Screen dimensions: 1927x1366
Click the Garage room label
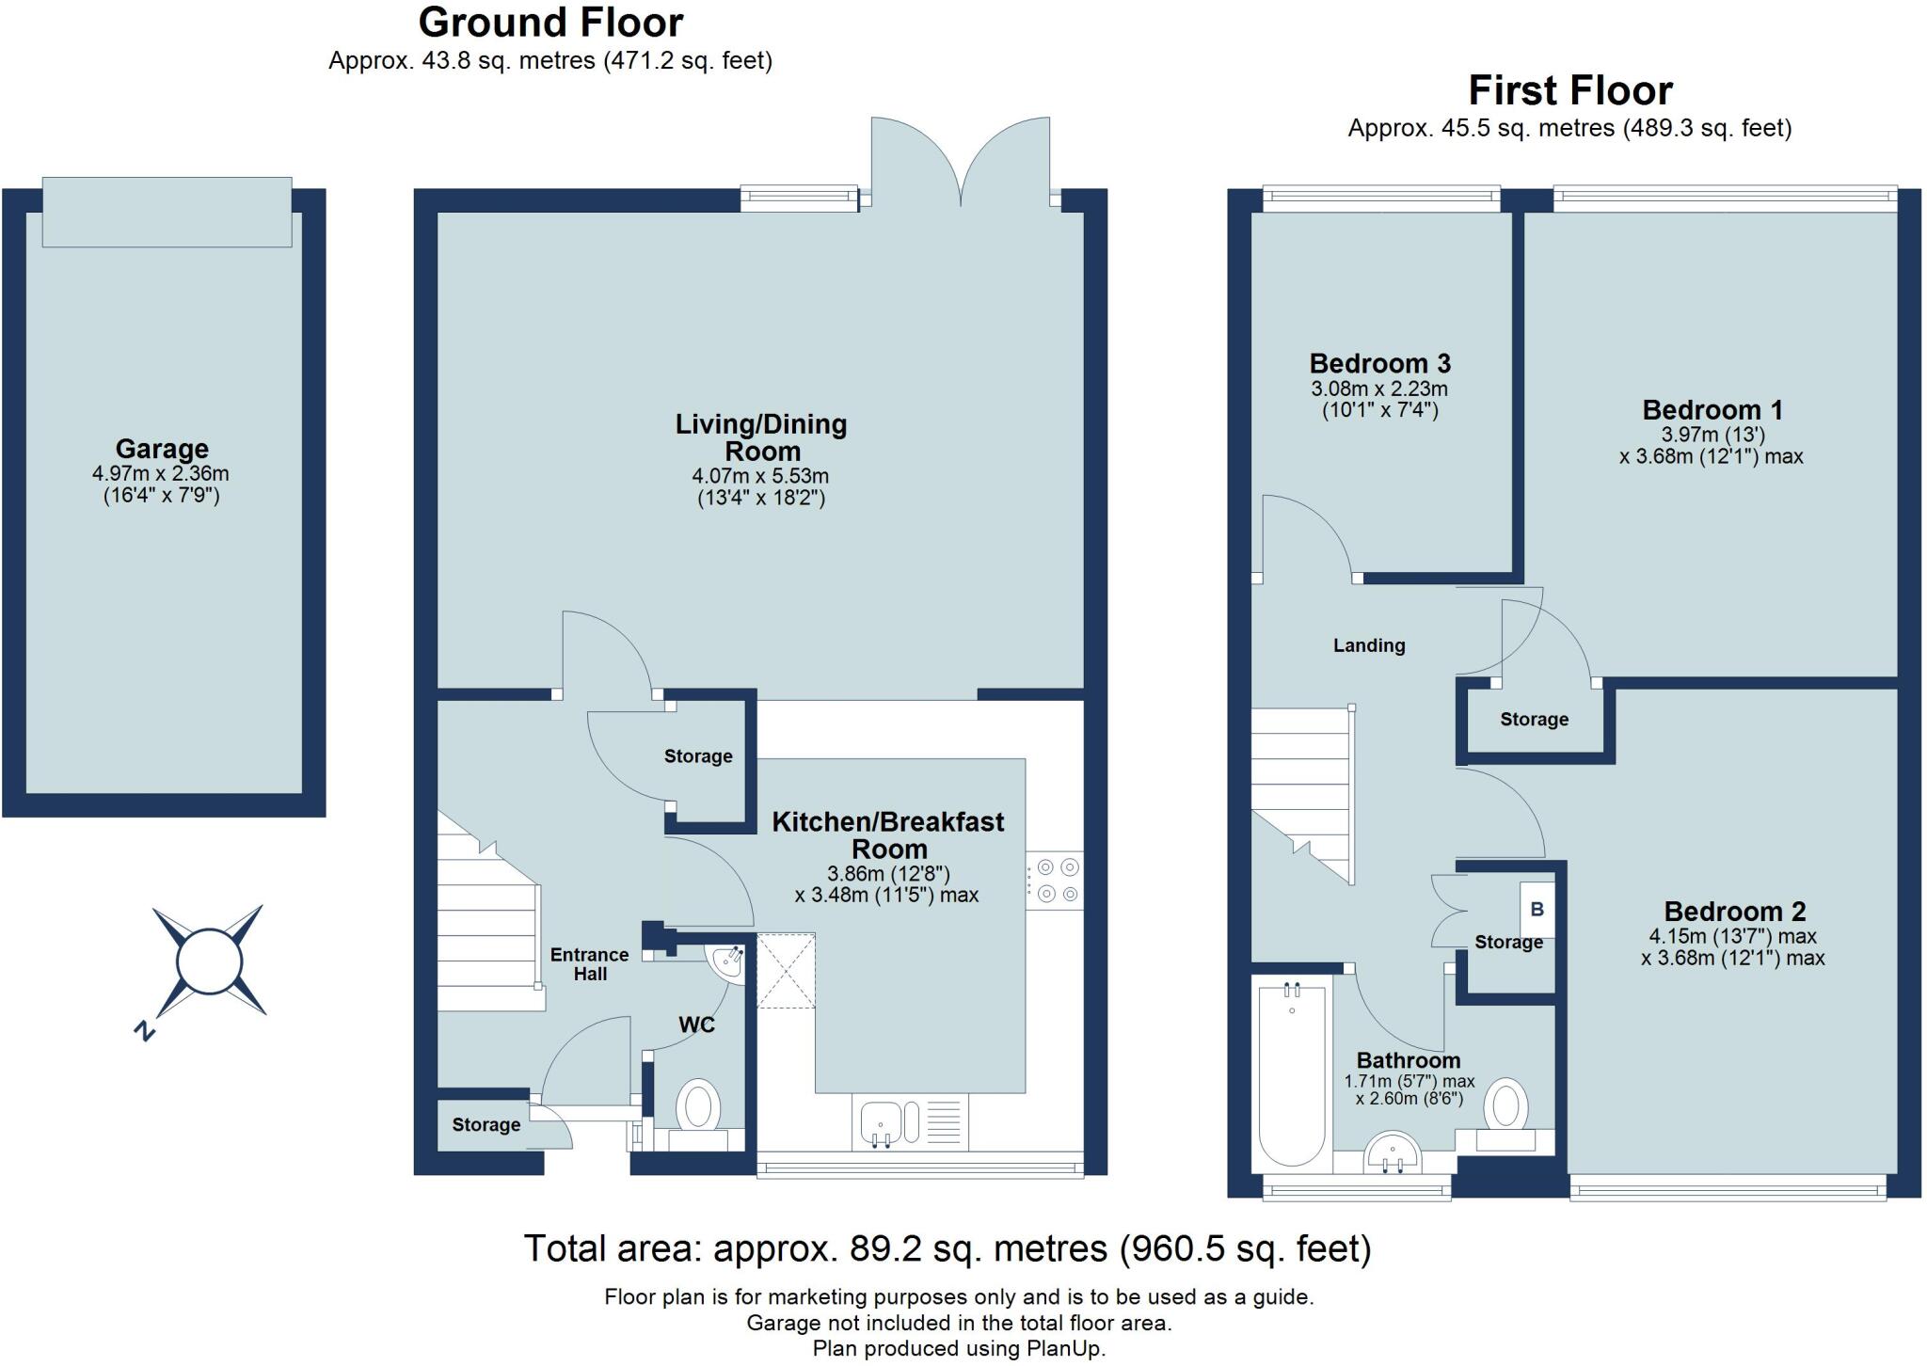pyautogui.click(x=162, y=449)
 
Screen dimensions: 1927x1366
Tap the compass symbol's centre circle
pyautogui.click(x=209, y=961)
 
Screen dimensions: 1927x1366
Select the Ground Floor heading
pyautogui.click(x=550, y=22)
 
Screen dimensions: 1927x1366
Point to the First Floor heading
pyautogui.click(x=1570, y=91)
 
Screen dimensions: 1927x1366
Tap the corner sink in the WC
pyautogui.click(x=727, y=962)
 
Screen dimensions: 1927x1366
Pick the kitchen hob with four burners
pyautogui.click(x=1055, y=881)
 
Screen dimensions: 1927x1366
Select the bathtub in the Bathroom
pyautogui.click(x=1292, y=1073)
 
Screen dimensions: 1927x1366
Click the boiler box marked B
pyautogui.click(x=1537, y=910)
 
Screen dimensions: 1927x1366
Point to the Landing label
pyautogui.click(x=1369, y=645)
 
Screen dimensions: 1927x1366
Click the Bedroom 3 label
pyautogui.click(x=1379, y=363)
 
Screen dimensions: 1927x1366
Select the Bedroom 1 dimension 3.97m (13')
pyautogui.click(x=1712, y=435)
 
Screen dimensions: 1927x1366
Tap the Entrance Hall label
pyautogui.click(x=590, y=964)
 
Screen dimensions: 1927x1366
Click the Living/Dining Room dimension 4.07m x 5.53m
pyautogui.click(x=760, y=476)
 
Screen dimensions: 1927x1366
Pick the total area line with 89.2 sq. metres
pyautogui.click(x=948, y=1248)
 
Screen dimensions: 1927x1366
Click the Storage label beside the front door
pyautogui.click(x=486, y=1124)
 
